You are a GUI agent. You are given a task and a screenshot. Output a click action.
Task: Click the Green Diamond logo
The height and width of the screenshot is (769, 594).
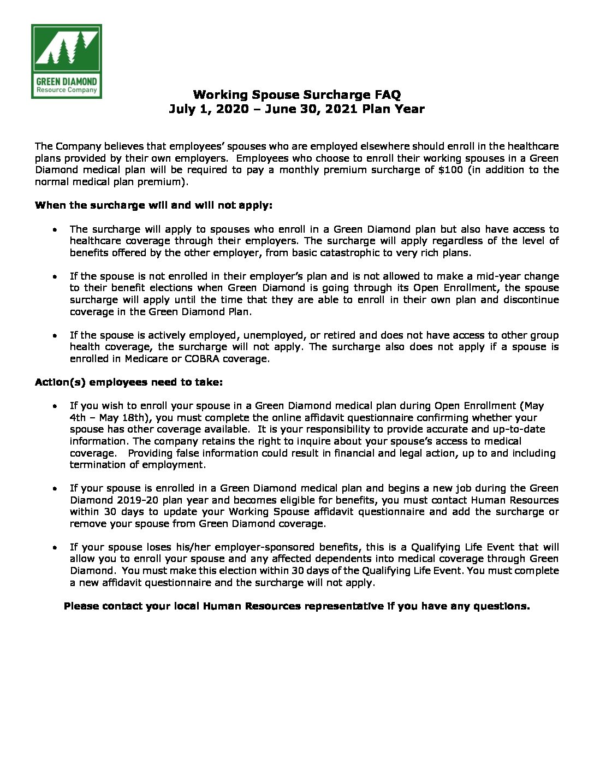click(66, 61)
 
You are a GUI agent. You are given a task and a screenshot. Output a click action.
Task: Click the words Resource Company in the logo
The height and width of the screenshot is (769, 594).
click(66, 90)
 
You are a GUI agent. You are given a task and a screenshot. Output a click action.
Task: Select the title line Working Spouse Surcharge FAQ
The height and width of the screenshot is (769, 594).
click(296, 95)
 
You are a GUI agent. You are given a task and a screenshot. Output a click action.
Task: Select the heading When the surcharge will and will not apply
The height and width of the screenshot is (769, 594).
click(153, 205)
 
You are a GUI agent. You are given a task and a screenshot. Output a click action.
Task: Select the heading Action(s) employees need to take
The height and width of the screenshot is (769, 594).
click(129, 382)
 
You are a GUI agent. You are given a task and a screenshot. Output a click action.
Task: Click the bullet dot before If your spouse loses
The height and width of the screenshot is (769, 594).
click(55, 547)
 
